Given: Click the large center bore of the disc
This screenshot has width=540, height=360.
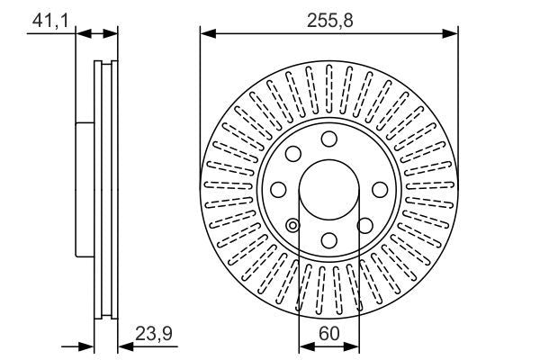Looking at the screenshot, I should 328,189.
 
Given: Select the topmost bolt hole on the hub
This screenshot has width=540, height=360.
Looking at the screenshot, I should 328,139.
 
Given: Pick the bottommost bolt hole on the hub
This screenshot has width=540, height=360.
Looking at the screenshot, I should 328,240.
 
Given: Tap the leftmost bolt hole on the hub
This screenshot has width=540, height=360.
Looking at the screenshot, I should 278,190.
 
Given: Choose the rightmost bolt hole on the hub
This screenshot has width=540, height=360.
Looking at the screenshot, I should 380,190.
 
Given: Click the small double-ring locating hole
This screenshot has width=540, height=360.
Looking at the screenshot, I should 292,225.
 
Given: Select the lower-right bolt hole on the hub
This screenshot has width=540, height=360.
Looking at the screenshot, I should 364,225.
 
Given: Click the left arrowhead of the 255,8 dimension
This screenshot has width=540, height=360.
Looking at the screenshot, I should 206,34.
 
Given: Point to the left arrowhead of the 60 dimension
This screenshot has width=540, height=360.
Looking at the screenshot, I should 304,345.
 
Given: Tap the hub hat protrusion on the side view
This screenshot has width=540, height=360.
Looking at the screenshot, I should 84,189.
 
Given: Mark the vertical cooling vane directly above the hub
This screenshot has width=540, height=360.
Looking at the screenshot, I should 328,87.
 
